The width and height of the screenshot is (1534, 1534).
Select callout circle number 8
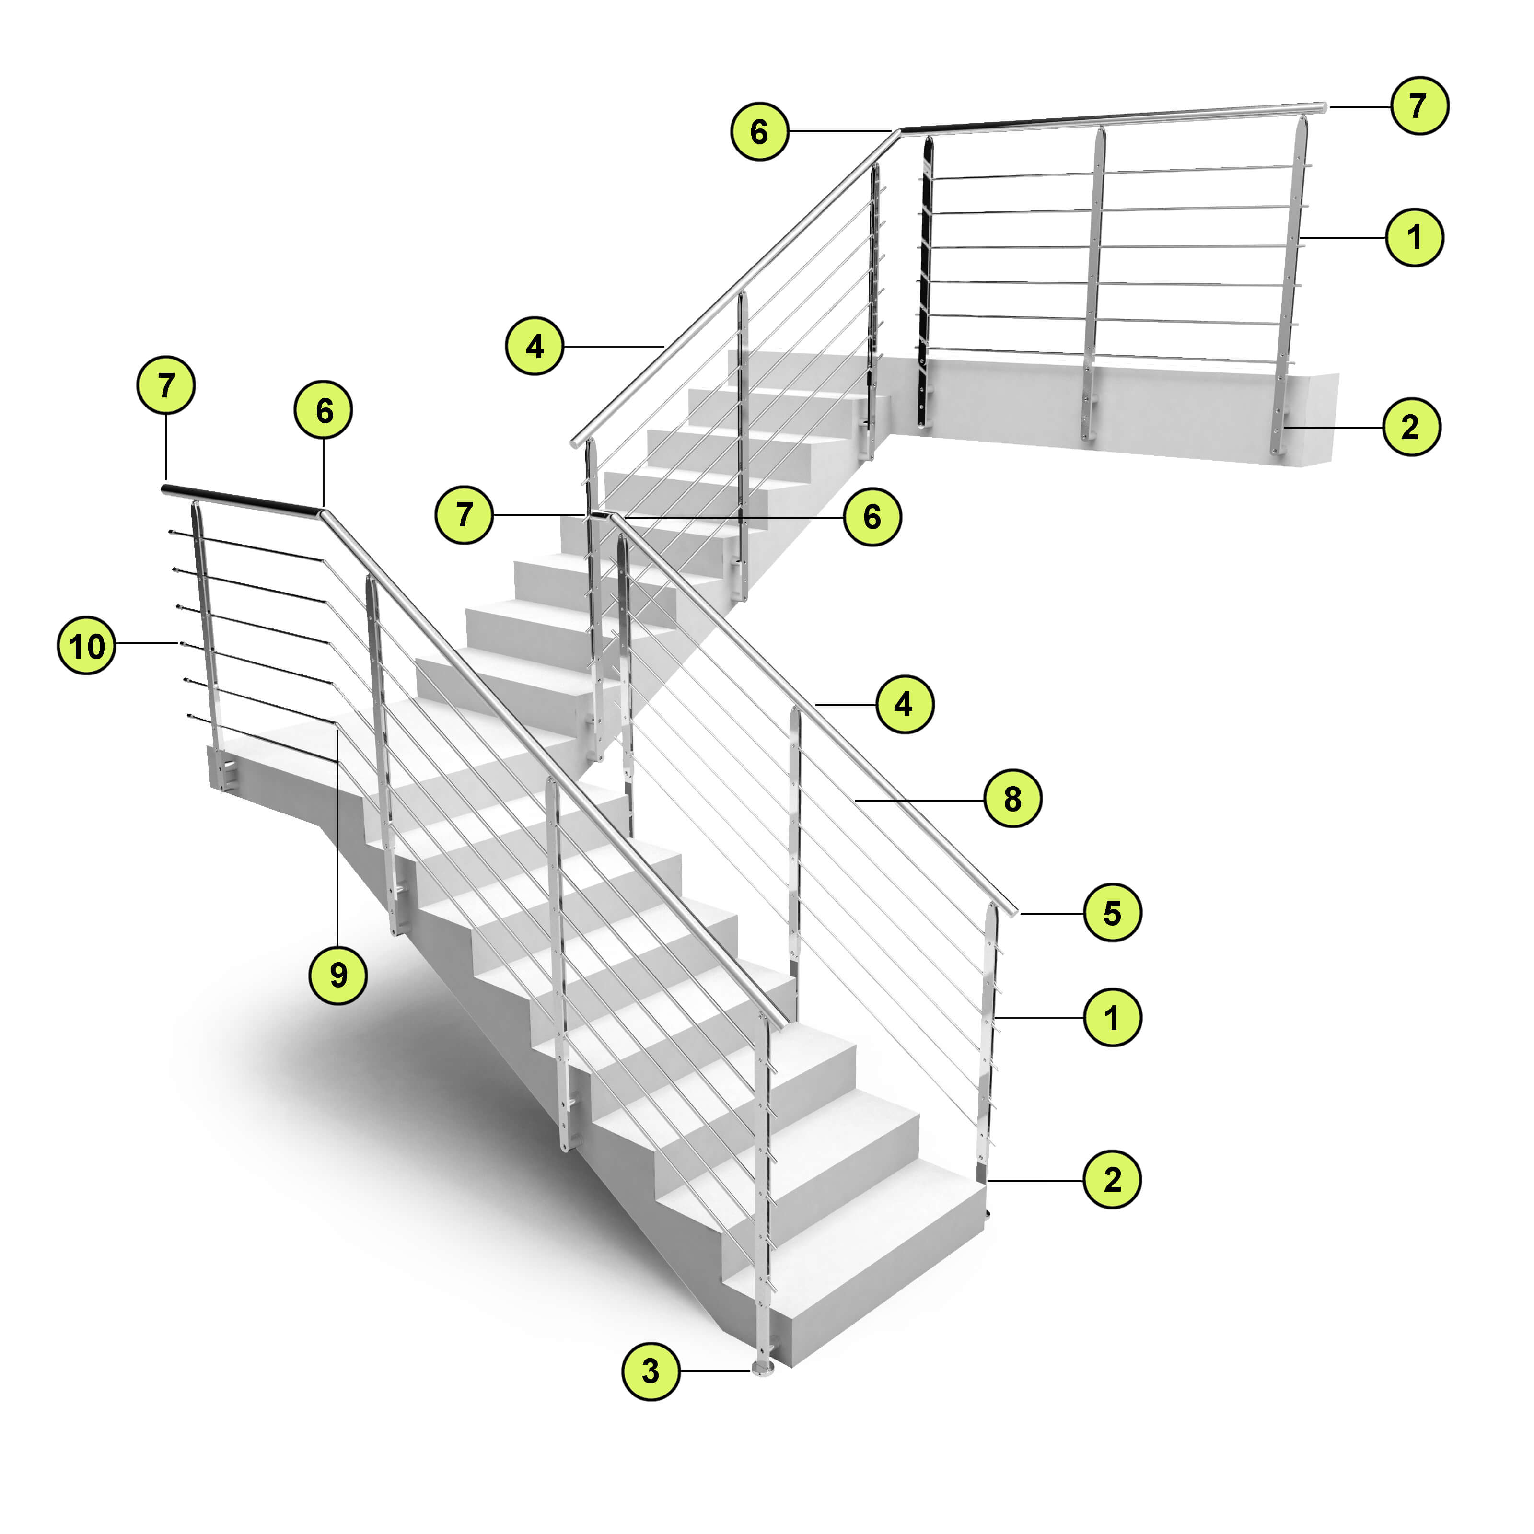click(1012, 799)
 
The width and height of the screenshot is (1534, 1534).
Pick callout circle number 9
click(338, 974)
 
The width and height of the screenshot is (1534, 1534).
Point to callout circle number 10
click(87, 646)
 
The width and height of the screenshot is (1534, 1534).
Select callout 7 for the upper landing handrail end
click(1419, 105)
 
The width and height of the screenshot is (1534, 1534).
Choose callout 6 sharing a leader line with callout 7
click(872, 517)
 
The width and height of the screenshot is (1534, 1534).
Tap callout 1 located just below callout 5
click(1112, 1017)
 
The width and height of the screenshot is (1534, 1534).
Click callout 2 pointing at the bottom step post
click(1112, 1180)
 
